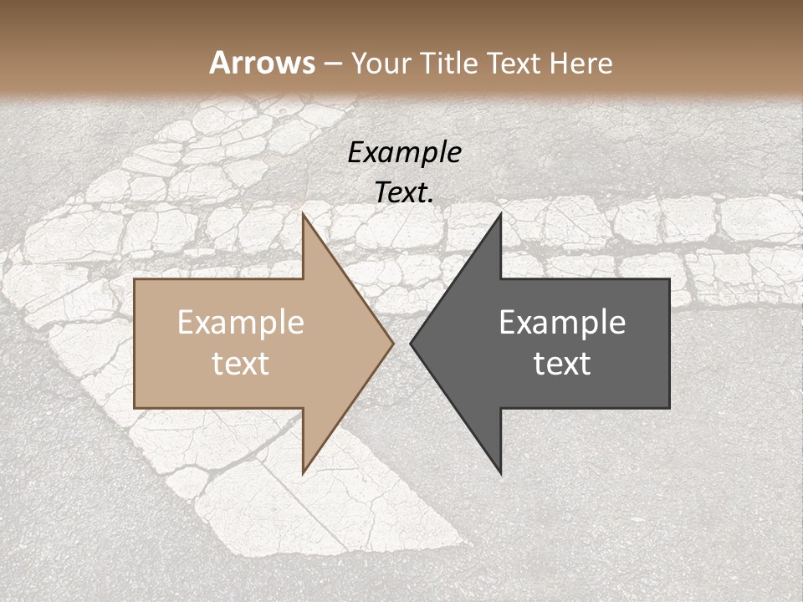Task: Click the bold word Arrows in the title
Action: [x=262, y=64]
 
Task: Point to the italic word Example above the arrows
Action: [x=404, y=153]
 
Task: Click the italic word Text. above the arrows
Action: [x=404, y=193]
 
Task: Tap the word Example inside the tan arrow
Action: [x=240, y=323]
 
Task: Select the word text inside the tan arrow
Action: [x=240, y=364]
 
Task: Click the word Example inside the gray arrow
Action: [x=562, y=323]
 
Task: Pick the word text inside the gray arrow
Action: [x=562, y=364]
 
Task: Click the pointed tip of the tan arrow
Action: [x=393, y=344]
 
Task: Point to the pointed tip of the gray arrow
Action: [x=411, y=344]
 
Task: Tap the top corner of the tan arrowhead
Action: [x=303, y=215]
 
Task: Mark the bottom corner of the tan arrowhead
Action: [x=303, y=473]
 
